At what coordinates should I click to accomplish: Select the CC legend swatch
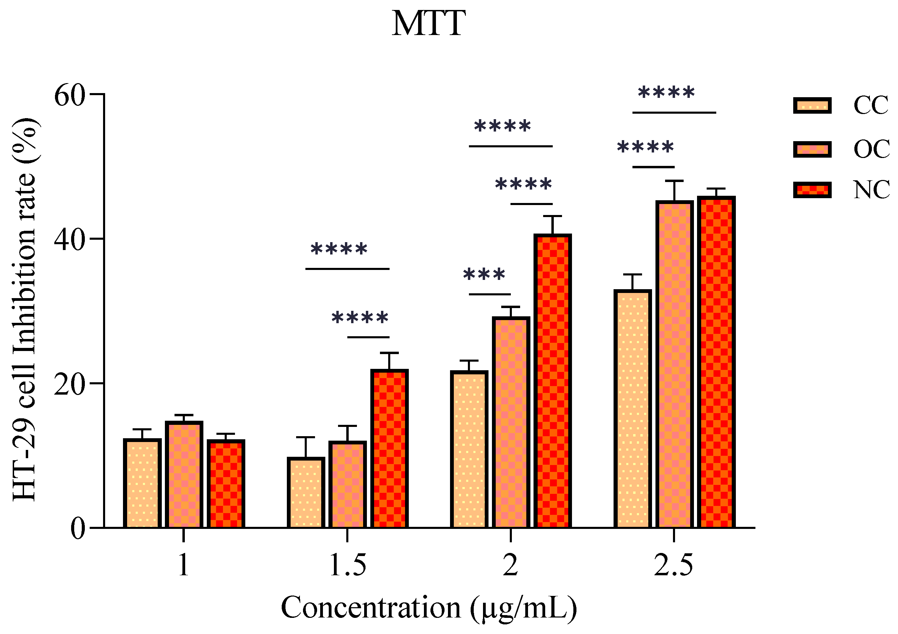(812, 105)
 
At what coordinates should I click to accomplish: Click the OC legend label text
(872, 149)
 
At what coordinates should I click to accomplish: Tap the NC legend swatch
(812, 190)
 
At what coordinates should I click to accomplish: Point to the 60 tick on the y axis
(70, 95)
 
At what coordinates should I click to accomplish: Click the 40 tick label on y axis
(70, 239)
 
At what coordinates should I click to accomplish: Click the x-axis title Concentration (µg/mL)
(429, 608)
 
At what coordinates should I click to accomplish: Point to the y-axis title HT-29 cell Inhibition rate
(24, 309)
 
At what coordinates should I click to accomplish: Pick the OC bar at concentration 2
(511, 422)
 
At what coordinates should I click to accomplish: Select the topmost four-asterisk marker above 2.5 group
(666, 93)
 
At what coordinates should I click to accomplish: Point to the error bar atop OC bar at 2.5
(674, 191)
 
